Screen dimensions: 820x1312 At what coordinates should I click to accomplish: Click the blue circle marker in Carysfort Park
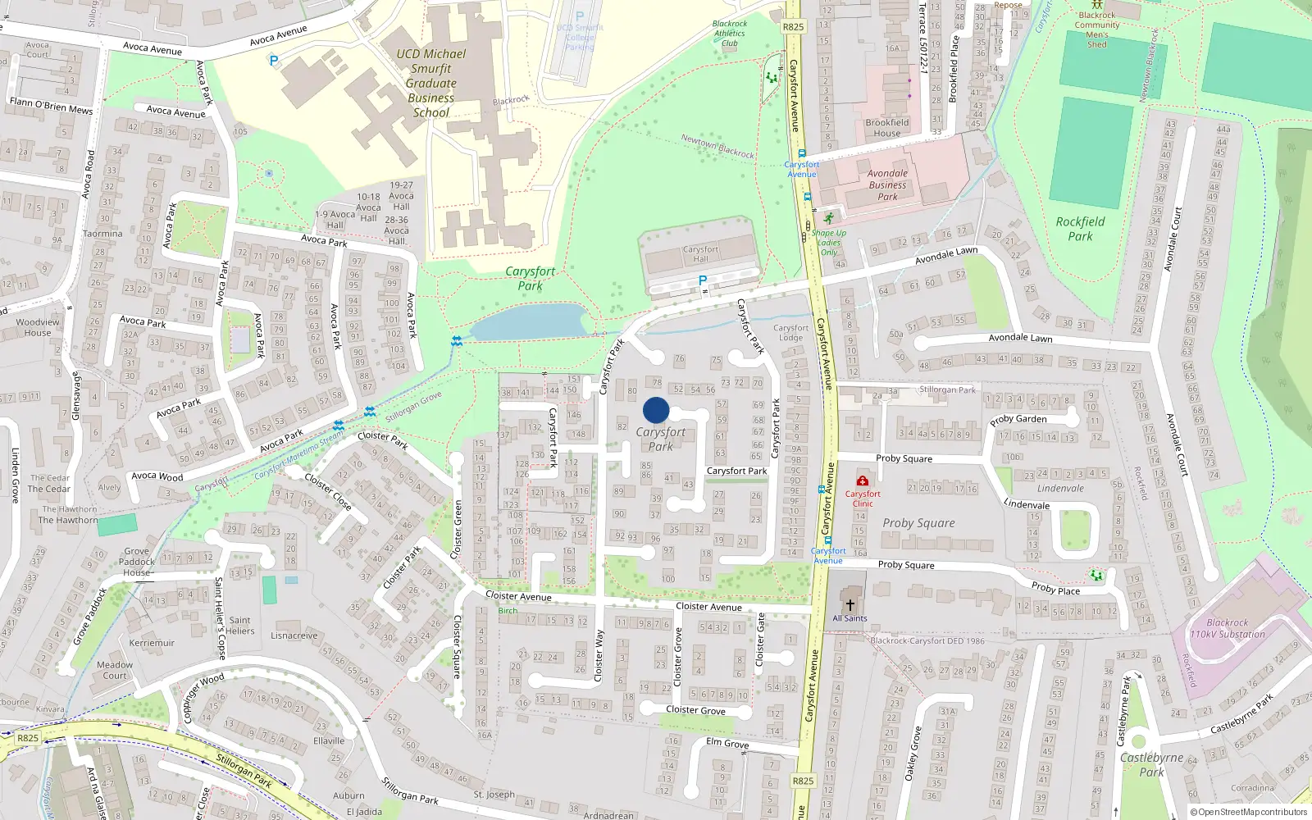[656, 410]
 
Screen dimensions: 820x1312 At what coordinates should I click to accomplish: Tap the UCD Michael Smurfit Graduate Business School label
[430, 83]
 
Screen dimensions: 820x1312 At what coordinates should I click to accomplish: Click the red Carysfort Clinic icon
[863, 481]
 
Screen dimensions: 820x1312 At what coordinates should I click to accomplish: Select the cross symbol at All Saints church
[850, 605]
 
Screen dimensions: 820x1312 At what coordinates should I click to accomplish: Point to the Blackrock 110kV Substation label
[1228, 628]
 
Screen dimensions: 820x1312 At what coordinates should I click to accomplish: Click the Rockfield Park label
[1080, 229]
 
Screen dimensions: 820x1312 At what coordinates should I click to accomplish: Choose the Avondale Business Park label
[887, 184]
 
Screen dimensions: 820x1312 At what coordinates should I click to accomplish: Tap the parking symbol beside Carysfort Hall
[702, 281]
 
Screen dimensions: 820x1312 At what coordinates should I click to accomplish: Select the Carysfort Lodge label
[790, 332]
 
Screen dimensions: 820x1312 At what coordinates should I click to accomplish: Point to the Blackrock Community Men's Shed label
[1097, 30]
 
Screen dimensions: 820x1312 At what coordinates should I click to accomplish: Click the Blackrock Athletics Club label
[730, 34]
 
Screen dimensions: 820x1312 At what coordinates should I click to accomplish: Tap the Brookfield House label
[886, 128]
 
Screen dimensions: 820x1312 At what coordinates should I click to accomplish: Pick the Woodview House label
[38, 327]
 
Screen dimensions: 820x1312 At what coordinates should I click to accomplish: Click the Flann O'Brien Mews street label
[51, 106]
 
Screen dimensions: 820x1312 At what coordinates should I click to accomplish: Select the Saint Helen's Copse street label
[220, 617]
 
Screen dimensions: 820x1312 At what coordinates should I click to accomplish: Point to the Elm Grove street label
[727, 743]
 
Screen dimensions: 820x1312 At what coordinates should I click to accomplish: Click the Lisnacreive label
[294, 635]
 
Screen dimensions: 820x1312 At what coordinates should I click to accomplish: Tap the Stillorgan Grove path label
[414, 406]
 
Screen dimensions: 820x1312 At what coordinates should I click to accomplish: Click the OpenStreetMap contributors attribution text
[1252, 812]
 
